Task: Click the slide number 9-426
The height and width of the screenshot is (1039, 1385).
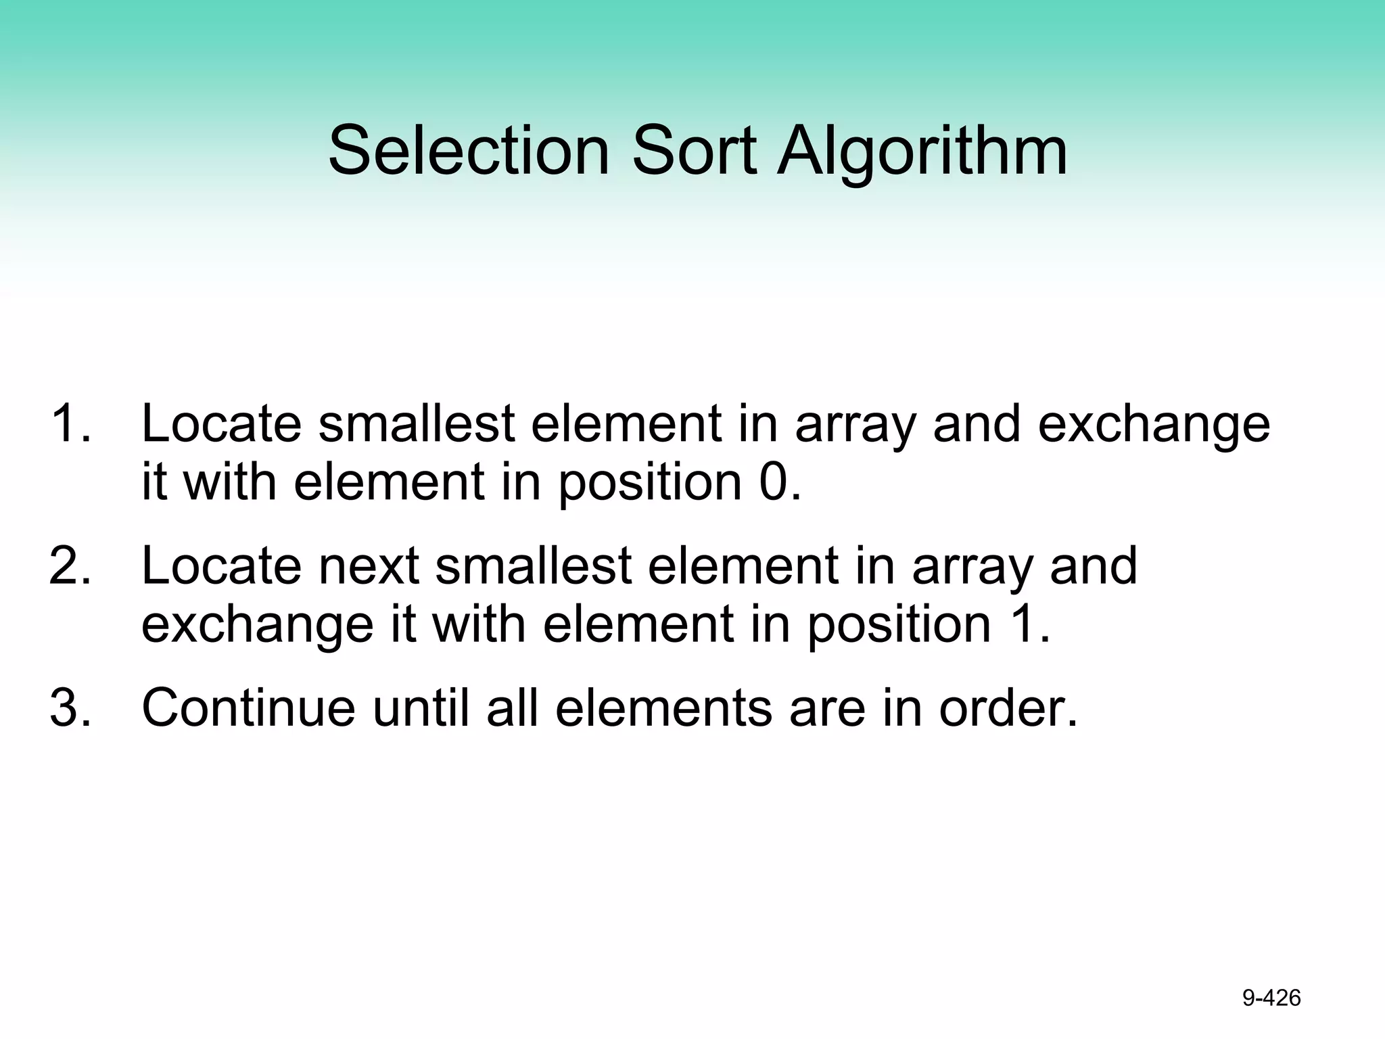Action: pyautogui.click(x=1271, y=998)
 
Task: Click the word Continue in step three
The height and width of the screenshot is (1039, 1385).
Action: pyautogui.click(x=248, y=708)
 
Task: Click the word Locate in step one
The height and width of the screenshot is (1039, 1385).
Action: pyautogui.click(x=221, y=424)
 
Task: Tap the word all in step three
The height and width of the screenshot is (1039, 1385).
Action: pyautogui.click(x=513, y=708)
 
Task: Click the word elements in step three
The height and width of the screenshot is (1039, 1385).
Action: pyautogui.click(x=663, y=708)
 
